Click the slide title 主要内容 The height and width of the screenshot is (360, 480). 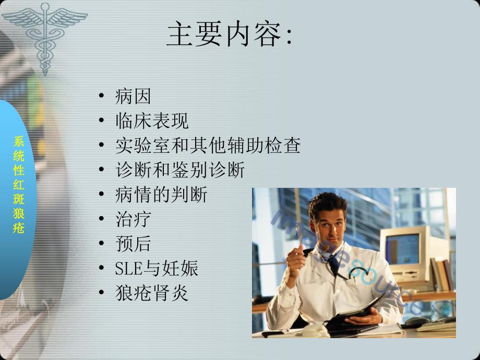pyautogui.click(x=230, y=35)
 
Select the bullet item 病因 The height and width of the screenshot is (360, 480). pyautogui.click(x=133, y=96)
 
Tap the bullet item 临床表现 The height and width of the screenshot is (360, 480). pyautogui.click(x=152, y=121)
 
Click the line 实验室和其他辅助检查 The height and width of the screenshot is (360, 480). pyautogui.click(x=208, y=146)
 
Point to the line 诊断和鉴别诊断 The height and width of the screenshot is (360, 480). pyautogui.click(x=179, y=170)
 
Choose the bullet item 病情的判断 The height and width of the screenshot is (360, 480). pyautogui.click(x=161, y=195)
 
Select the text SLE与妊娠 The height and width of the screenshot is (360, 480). pyautogui.click(x=157, y=269)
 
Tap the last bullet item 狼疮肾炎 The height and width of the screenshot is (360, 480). pyautogui.click(x=152, y=293)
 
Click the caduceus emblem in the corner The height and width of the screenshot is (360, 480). pyautogui.click(x=46, y=31)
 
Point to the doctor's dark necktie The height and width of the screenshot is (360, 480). pyautogui.click(x=334, y=263)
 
